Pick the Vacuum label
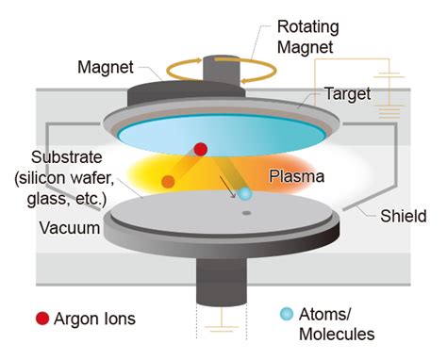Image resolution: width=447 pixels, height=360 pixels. coord(67,228)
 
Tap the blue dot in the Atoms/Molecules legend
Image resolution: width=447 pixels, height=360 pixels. coord(284,314)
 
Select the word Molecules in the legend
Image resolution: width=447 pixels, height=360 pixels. coord(337,334)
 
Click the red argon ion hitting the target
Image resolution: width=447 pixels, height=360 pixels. coord(200,148)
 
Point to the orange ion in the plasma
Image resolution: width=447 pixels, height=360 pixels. coord(168,180)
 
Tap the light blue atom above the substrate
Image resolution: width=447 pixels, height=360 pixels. coord(244,193)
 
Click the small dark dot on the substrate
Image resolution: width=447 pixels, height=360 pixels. coord(246,214)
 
